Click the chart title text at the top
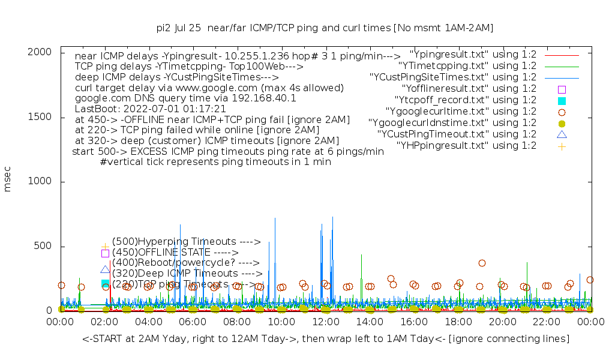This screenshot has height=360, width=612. click(x=325, y=28)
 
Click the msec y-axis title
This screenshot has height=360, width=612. click(x=8, y=179)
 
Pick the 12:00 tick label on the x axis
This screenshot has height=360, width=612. click(x=325, y=323)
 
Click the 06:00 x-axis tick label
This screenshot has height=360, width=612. click(x=193, y=323)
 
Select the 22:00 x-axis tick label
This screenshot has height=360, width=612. click(x=546, y=323)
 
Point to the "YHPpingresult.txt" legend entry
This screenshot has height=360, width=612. click(x=466, y=145)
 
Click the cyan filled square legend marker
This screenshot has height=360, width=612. click(x=562, y=100)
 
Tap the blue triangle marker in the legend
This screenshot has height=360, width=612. click(x=562, y=134)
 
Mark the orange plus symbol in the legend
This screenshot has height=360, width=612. click(x=562, y=146)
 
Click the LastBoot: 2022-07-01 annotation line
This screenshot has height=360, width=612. click(x=150, y=109)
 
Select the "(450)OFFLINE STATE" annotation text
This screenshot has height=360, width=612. click(x=175, y=253)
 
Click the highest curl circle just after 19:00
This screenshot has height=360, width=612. click(x=482, y=263)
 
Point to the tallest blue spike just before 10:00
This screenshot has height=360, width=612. click(x=275, y=219)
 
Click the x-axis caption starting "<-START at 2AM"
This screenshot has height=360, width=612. click(x=326, y=339)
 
